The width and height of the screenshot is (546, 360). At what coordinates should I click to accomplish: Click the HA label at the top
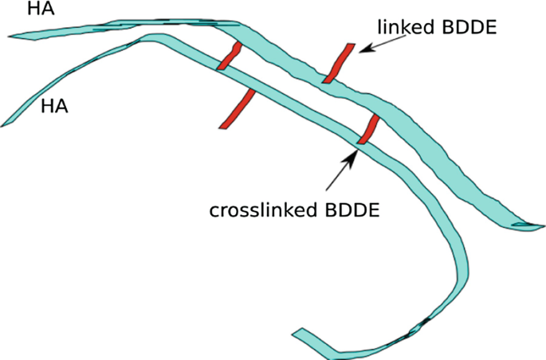(41, 9)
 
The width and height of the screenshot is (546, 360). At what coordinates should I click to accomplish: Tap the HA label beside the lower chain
(54, 106)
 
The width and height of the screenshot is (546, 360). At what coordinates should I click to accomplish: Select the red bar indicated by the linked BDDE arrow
(339, 63)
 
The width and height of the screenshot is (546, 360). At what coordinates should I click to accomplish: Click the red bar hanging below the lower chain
(238, 109)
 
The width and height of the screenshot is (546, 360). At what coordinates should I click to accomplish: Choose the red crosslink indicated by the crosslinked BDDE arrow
(369, 128)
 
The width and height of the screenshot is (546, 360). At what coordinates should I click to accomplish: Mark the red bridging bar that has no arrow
(230, 56)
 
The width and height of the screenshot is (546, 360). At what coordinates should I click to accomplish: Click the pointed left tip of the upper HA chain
(8, 36)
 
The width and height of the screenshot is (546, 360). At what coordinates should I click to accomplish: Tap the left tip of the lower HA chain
(2, 125)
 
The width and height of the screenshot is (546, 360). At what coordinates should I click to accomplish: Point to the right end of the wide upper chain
(544, 226)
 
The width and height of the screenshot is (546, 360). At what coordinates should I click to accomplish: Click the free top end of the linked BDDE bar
(351, 44)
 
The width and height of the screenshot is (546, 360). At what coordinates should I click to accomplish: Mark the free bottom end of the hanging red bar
(223, 128)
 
